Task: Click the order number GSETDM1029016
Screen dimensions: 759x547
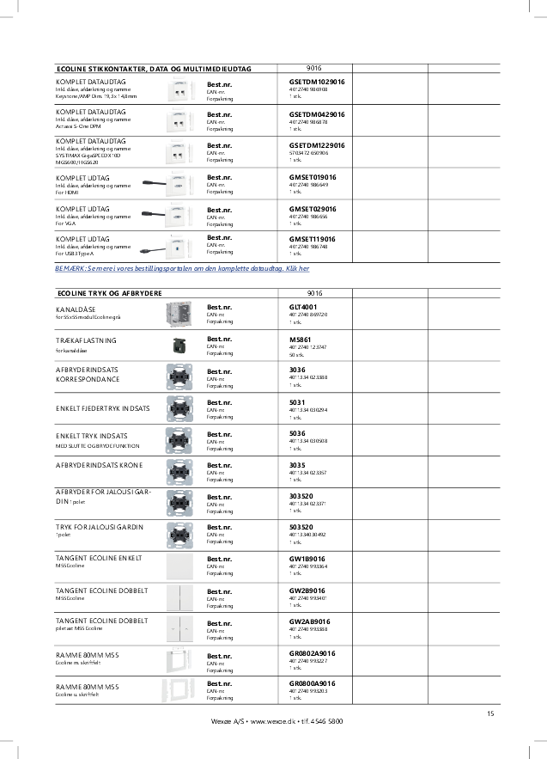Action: click(317, 82)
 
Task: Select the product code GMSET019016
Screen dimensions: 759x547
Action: click(313, 177)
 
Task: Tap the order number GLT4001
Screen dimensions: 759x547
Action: click(303, 307)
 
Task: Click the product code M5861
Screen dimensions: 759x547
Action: click(301, 340)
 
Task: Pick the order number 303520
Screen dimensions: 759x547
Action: click(304, 497)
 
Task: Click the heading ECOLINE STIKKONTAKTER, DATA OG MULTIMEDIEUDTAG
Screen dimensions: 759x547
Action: click(153, 68)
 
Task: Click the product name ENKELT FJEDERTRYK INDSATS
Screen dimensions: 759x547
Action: click(102, 404)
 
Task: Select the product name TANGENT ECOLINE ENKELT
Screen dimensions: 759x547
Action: click(98, 558)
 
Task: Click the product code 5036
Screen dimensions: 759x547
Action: click(298, 433)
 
